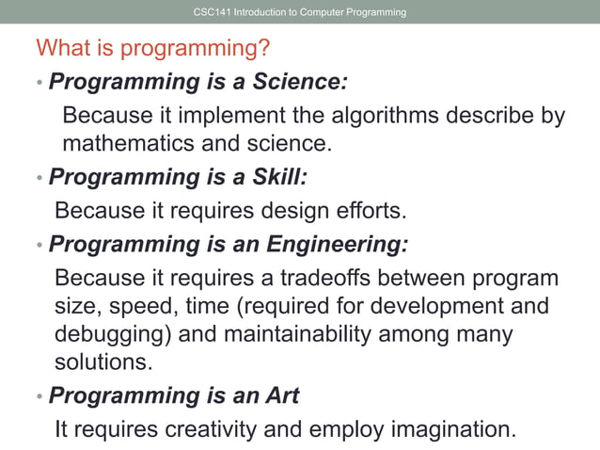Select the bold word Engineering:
tap(338, 245)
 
